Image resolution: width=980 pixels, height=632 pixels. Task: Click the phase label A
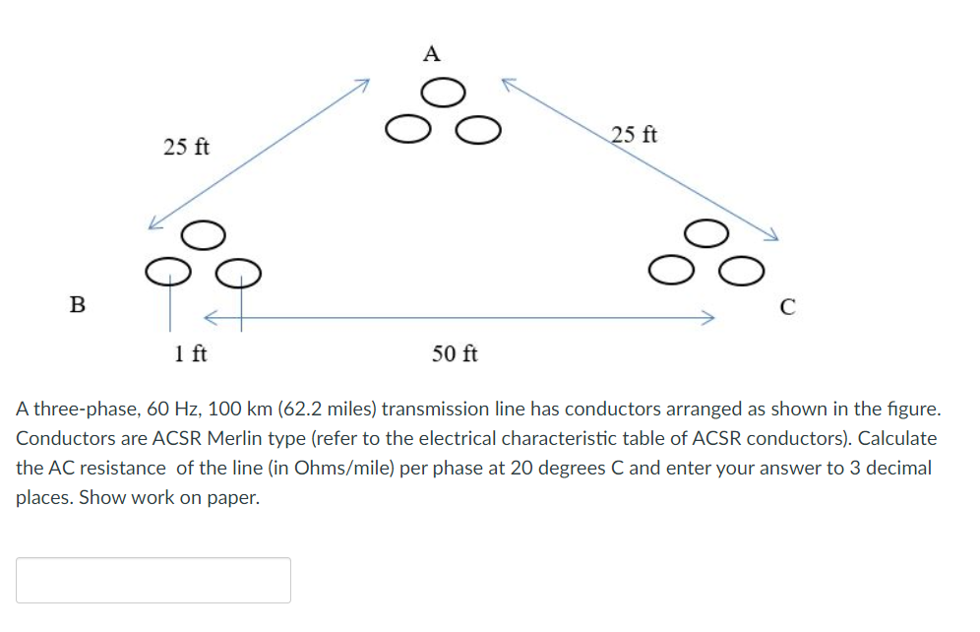click(431, 53)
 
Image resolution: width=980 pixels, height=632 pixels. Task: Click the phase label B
click(77, 303)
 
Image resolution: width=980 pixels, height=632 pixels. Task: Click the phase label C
click(786, 306)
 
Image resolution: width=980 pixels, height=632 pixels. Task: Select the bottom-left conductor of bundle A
click(406, 129)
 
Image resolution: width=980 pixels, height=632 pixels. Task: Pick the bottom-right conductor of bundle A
click(476, 129)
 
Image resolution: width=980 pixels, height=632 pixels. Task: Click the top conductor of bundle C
click(706, 232)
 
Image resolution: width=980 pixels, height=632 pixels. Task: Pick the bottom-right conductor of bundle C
click(741, 268)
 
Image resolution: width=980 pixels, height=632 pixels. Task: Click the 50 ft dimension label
click(455, 353)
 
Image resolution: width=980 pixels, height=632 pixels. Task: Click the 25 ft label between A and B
click(186, 148)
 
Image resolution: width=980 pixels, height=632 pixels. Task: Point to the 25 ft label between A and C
click(635, 135)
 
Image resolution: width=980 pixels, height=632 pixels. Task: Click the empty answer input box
click(153, 580)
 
